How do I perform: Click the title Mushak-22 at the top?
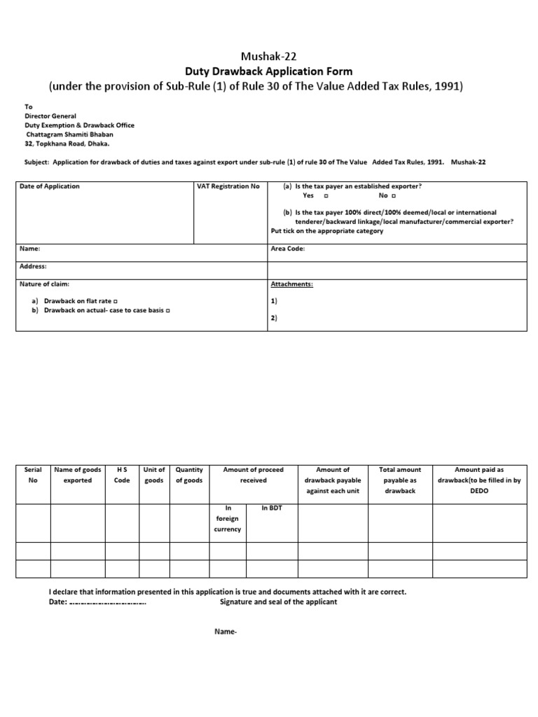(269, 57)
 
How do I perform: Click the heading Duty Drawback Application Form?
(269, 71)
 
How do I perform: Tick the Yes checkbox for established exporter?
(326, 196)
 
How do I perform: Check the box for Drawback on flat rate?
(116, 300)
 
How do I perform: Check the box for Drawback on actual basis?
(170, 309)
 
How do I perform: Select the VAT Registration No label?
(229, 186)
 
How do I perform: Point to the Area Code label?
(287, 249)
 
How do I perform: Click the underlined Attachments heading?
(291, 284)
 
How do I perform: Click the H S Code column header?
(122, 475)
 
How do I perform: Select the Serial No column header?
(32, 475)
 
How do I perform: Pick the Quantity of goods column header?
(188, 475)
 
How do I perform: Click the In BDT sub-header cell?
(270, 508)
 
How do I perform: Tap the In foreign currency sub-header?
(227, 519)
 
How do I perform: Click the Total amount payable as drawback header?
(399, 480)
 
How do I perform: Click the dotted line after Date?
(108, 602)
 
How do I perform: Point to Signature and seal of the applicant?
(278, 602)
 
